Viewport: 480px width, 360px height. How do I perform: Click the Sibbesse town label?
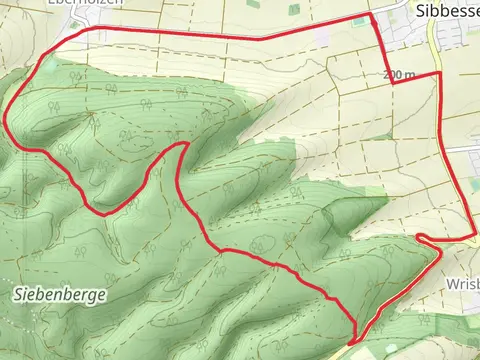pos(446,9)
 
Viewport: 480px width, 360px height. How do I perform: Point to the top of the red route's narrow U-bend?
pos(182,146)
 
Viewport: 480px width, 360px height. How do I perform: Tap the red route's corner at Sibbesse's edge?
pos(372,16)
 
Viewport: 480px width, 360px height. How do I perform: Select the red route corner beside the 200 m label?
pos(394,84)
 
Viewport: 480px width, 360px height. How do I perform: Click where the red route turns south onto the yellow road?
pos(439,74)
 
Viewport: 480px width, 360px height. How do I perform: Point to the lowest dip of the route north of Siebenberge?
pos(103,212)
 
